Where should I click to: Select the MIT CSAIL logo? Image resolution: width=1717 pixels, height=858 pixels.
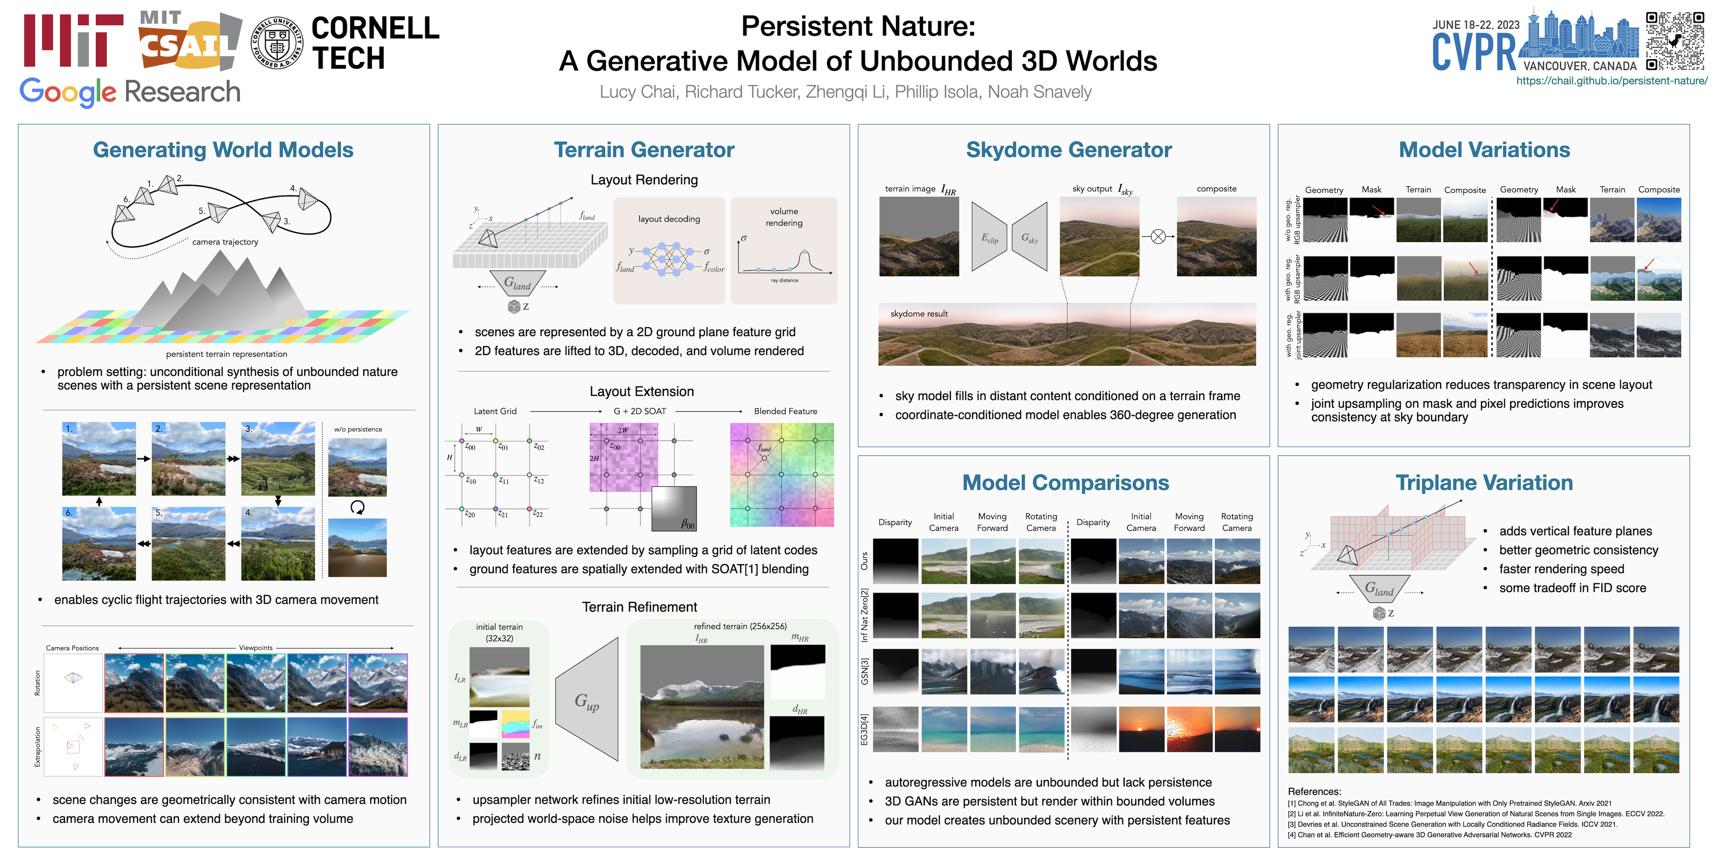[x=190, y=40]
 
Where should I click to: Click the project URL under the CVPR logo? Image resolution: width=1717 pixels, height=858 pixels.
[x=1612, y=80]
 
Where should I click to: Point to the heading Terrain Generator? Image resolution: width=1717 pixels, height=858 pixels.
[x=644, y=150]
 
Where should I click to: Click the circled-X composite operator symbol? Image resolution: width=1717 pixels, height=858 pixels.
[x=1158, y=237]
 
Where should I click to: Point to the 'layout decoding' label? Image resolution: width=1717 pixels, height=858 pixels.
[x=669, y=219]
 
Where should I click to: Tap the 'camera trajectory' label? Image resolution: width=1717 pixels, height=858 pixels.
[x=225, y=242]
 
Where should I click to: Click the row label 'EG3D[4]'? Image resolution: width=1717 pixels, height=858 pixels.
[x=865, y=729]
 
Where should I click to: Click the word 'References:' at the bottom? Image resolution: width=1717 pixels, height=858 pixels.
[x=1315, y=791]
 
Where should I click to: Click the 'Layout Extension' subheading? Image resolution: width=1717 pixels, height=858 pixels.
[x=642, y=392]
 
